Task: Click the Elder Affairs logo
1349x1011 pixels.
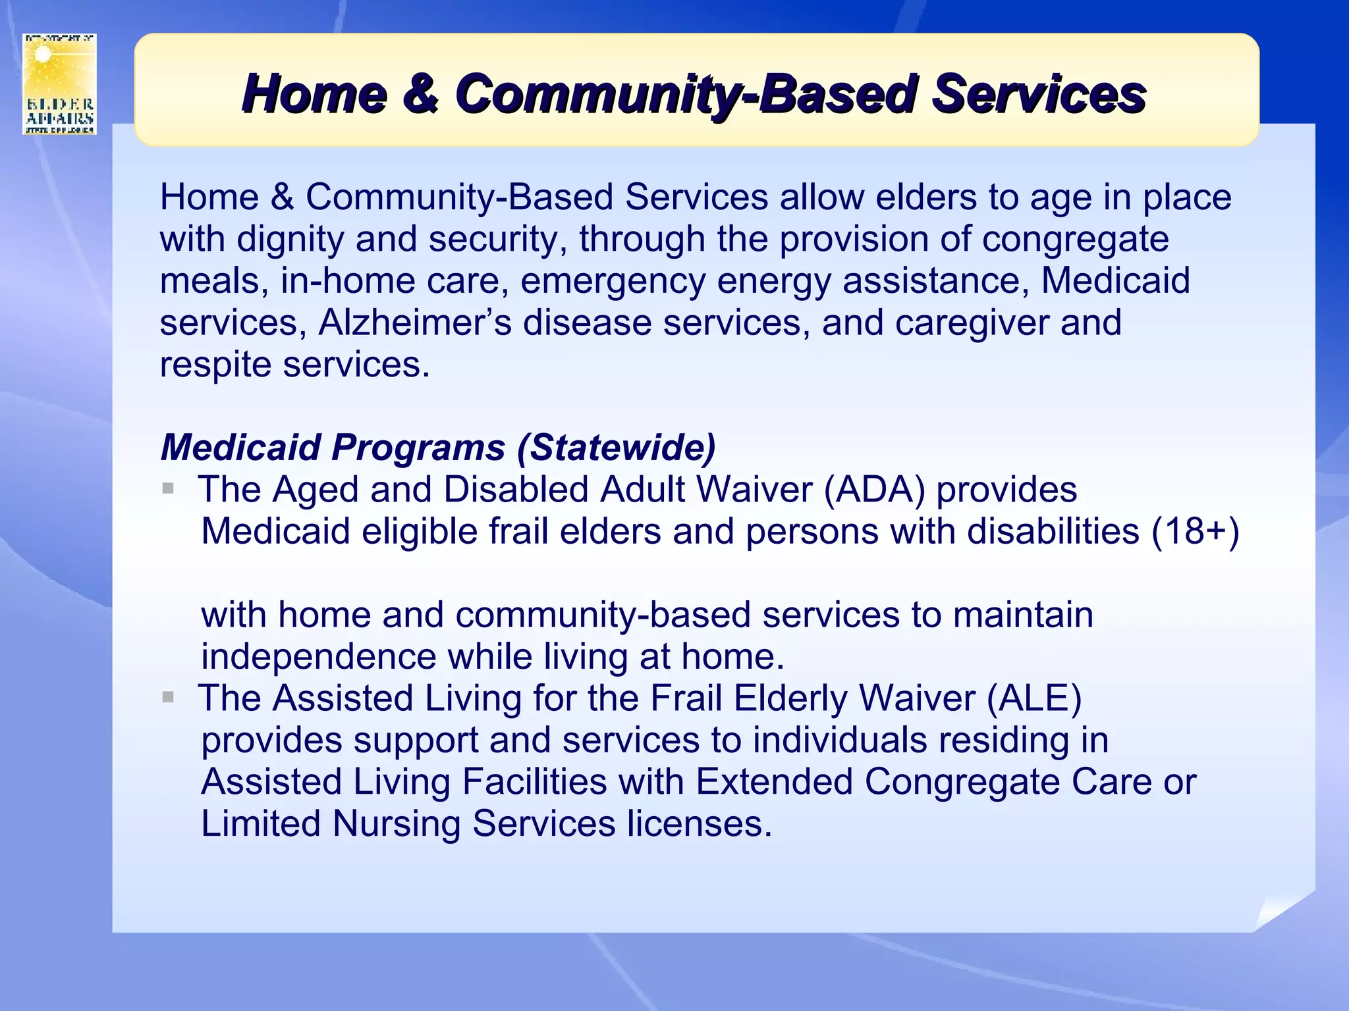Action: [x=59, y=84]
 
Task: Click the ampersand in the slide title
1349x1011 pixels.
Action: [x=420, y=93]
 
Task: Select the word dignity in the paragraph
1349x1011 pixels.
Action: [x=290, y=239]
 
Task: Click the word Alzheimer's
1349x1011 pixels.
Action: [x=415, y=323]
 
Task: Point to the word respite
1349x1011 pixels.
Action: [x=215, y=365]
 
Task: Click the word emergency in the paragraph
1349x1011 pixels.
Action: [x=613, y=281]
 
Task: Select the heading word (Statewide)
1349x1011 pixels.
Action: [x=617, y=448]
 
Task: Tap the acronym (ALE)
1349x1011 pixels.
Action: [x=1033, y=698]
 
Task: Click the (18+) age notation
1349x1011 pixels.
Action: [x=1195, y=531]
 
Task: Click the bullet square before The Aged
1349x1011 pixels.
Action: [x=168, y=488]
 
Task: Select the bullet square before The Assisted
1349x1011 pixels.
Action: [x=168, y=697]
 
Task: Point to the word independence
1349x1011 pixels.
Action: [x=318, y=657]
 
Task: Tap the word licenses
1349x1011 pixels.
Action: [x=699, y=823]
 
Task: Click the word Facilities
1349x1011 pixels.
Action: [x=534, y=782]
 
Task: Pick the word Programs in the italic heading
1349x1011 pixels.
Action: [x=418, y=448]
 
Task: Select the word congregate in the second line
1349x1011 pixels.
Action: [x=1075, y=239]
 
